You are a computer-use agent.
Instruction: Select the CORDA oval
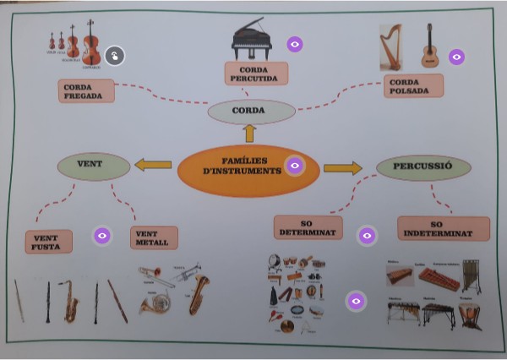[x=251, y=111]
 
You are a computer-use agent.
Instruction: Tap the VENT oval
[x=93, y=166]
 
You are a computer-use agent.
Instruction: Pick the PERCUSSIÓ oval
[x=421, y=166]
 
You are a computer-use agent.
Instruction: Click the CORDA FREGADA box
[x=86, y=90]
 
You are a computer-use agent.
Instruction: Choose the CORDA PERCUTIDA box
[x=257, y=74]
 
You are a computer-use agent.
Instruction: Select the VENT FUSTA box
[x=48, y=242]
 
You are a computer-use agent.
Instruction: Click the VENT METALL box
[x=154, y=237]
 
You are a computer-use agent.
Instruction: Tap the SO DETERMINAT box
[x=307, y=227]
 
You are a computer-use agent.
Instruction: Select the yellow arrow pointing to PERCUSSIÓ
[x=342, y=167]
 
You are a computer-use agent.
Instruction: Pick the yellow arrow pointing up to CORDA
[x=249, y=133]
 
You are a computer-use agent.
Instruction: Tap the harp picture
[x=390, y=46]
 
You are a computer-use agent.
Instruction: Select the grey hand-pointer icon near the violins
[x=116, y=55]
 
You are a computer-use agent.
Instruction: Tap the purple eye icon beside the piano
[x=294, y=43]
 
